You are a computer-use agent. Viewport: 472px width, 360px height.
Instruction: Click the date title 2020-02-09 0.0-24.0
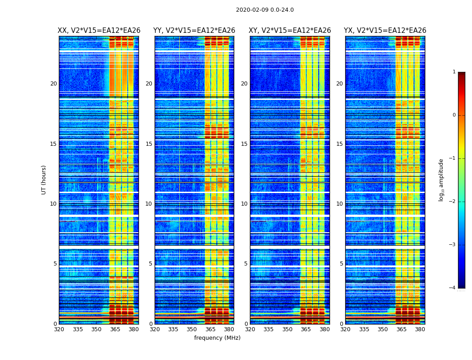coord(265,10)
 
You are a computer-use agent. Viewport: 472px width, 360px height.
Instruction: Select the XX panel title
coord(99,31)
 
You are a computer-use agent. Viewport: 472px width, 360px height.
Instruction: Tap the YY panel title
coord(194,31)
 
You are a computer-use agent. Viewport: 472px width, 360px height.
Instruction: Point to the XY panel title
coord(290,31)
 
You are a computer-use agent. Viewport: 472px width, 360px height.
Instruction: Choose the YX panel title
coord(385,31)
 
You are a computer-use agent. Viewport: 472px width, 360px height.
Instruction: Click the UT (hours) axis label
coord(44,180)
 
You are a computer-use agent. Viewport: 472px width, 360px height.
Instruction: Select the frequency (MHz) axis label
coord(217,338)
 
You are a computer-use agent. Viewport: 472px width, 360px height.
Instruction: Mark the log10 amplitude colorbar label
coord(441,180)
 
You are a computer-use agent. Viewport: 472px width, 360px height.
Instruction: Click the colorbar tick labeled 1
coord(454,72)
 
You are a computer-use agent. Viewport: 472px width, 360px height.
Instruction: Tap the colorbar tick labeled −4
coord(453,288)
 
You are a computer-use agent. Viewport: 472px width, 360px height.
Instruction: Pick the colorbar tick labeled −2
coord(453,202)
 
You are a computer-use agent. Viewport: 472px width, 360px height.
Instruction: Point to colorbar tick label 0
coord(454,115)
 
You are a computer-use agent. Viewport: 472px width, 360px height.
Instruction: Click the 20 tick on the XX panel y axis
coord(53,84)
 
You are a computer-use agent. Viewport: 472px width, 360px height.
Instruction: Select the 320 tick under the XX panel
coord(59,329)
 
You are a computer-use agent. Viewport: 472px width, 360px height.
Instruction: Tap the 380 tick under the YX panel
coord(420,329)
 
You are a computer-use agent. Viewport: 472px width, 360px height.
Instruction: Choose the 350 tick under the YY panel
coord(192,329)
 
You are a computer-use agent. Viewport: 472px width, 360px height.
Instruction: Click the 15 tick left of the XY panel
coord(244,144)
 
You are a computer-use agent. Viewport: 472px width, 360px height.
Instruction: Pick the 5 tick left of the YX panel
coord(341,264)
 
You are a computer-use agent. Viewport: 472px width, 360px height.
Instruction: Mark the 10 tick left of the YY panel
coord(149,204)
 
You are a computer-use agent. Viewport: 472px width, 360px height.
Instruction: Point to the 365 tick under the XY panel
coord(306,329)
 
